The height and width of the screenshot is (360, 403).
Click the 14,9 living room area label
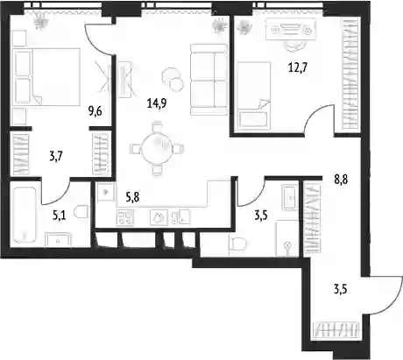click(157, 103)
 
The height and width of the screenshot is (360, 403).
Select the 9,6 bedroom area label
click(95, 111)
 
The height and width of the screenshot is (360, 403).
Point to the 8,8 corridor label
click(341, 180)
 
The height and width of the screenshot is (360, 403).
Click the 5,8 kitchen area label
click(132, 198)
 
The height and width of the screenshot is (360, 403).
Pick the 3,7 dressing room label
click(56, 157)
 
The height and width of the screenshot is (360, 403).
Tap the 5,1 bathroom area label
click(59, 215)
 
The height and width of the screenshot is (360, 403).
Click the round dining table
click(157, 149)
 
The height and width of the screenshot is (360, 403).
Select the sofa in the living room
click(209, 79)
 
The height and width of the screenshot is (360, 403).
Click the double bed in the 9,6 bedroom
click(47, 76)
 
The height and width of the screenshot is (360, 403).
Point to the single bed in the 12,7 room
click(254, 95)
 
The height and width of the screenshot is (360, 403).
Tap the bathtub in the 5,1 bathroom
click(25, 215)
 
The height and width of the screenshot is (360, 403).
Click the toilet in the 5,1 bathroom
click(81, 211)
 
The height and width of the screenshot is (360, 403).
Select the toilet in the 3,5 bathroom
click(238, 244)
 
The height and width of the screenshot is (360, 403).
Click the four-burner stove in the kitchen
click(125, 217)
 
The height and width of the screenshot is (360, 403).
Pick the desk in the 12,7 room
click(291, 29)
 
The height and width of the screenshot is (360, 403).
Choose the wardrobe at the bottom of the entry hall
click(336, 330)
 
